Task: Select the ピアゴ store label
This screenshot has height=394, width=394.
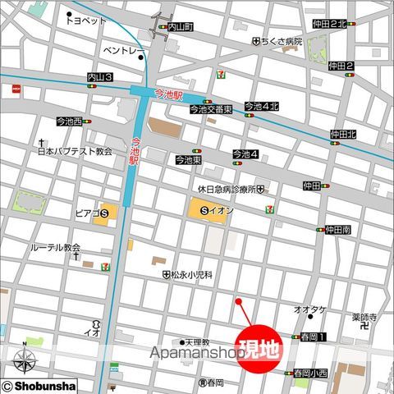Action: (86, 215)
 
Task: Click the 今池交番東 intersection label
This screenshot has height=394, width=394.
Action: (211, 109)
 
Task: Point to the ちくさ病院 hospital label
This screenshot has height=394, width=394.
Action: (282, 40)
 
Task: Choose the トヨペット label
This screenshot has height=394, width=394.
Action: (88, 21)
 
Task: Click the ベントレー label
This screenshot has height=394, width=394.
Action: (123, 52)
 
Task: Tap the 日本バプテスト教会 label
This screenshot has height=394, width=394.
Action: (74, 152)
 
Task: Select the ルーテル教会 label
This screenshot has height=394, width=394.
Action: (55, 247)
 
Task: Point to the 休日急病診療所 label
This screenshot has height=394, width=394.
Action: (222, 189)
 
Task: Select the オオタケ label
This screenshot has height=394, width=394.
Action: (310, 309)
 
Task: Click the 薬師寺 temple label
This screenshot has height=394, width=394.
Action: (364, 317)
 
